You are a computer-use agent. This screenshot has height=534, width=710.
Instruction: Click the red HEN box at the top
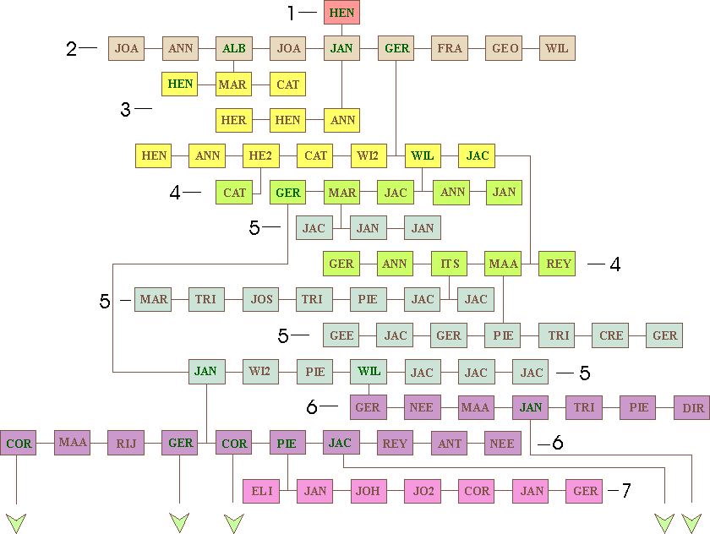click(x=341, y=13)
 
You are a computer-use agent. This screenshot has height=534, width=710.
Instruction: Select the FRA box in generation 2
click(x=450, y=48)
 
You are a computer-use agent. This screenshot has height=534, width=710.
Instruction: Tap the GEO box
click(x=504, y=48)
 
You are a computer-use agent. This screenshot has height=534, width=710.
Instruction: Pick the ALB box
click(x=233, y=48)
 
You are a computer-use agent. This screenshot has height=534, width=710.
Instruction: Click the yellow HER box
click(x=233, y=120)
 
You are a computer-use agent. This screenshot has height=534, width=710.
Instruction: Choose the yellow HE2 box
click(x=260, y=155)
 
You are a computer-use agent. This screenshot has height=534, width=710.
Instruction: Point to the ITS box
click(x=450, y=264)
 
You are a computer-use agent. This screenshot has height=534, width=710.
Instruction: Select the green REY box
click(x=558, y=264)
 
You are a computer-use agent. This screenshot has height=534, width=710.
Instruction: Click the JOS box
click(x=260, y=299)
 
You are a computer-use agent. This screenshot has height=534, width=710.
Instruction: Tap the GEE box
click(x=341, y=335)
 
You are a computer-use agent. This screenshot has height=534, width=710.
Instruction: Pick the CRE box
click(x=611, y=335)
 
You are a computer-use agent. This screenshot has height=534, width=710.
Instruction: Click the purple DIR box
click(x=692, y=407)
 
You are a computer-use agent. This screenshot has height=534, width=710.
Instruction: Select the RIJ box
click(x=126, y=443)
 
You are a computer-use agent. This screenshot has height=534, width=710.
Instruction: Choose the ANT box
click(x=449, y=443)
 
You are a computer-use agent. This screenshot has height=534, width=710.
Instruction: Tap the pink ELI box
click(x=260, y=491)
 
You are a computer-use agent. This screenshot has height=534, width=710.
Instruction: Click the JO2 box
click(x=423, y=491)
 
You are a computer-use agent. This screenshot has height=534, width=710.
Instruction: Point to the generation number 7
click(x=625, y=491)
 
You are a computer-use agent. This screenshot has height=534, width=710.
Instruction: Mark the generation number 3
click(x=125, y=109)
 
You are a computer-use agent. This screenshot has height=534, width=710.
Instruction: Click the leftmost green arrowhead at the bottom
click(x=16, y=522)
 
